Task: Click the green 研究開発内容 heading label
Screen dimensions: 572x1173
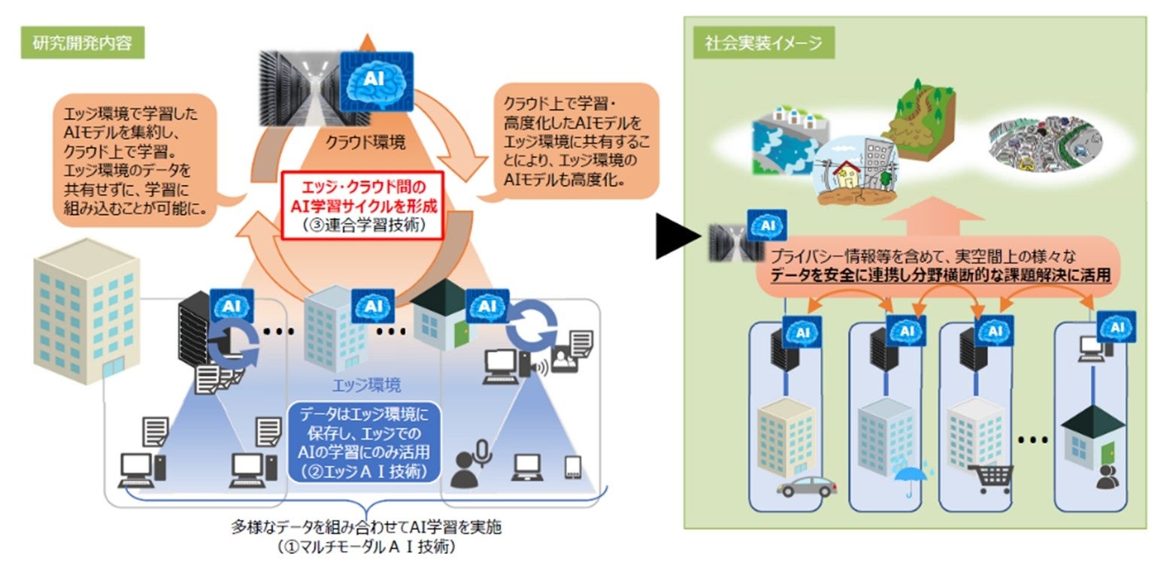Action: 82,43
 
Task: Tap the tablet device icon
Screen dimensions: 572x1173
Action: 574,468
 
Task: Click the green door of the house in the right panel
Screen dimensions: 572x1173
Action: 1108,453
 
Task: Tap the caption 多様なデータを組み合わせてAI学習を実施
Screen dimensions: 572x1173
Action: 365,528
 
